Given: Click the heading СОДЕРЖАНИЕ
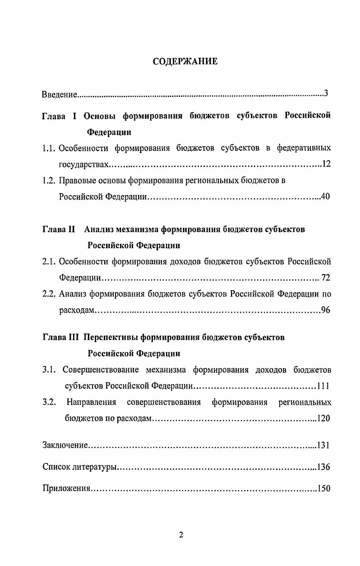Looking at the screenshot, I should pyautogui.click(x=185, y=61).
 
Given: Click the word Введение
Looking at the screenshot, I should pyautogui.click(x=59, y=95).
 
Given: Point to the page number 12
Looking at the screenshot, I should pyautogui.click(x=327, y=164).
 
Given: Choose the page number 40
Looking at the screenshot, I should pyautogui.click(x=326, y=197).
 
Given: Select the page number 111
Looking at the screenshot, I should pyautogui.click(x=323, y=386).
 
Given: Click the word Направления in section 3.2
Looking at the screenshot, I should pyautogui.click(x=91, y=402).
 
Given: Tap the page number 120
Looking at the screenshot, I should pyautogui.click(x=324, y=418).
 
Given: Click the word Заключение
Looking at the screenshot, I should pyautogui.click(x=65, y=445).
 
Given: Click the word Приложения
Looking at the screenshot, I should pyautogui.click(x=67, y=488).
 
